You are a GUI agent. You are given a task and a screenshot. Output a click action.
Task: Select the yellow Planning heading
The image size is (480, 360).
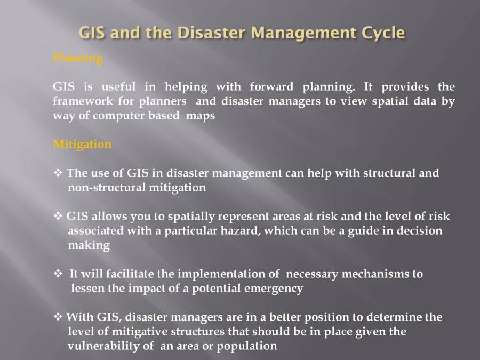click(78, 58)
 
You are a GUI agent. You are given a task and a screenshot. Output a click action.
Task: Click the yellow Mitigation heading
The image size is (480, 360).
click(82, 144)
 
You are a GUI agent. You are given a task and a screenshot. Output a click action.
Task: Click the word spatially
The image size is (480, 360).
click(190, 217)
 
